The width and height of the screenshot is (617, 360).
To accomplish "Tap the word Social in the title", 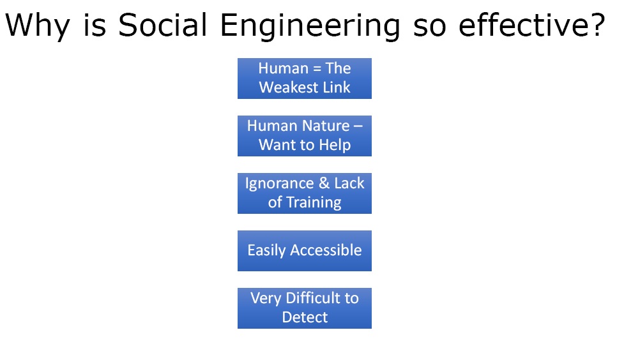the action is pos(162,25).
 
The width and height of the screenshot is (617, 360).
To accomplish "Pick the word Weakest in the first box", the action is pos(289,87).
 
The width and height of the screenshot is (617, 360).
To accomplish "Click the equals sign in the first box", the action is pos(317,69).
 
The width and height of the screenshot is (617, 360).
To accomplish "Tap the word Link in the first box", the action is pos(337,87).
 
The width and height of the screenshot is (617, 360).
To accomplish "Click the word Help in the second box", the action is pos(335,145).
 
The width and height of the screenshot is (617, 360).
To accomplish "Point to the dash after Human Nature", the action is pos(358,126).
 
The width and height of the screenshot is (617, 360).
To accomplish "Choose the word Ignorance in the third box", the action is pos(279,184).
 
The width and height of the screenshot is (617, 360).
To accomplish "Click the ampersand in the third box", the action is pos(324,183).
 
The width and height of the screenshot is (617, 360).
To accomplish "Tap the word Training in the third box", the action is pos(314,202).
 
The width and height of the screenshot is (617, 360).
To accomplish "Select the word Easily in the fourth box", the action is pos(266,251).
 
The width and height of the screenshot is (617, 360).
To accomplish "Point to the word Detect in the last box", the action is pos(305,317).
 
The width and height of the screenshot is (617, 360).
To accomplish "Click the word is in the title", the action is pos(95,25).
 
